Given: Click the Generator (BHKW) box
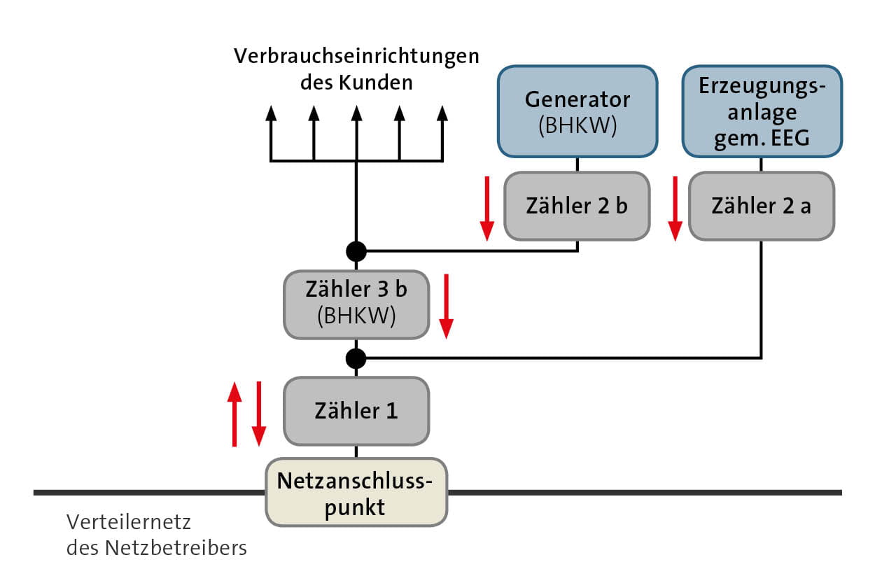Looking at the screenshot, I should pos(577,111).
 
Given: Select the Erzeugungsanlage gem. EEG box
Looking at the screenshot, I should pos(762,111).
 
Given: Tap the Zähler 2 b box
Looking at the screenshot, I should pos(577,206).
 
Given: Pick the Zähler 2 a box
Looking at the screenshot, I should pos(762,206).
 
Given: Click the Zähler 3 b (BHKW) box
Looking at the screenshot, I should pos(356,304).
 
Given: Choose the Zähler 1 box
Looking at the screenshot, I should pos(356,411).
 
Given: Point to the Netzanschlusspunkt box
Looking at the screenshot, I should pos(356,493).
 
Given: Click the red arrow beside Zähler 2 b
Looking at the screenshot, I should pos(486,209).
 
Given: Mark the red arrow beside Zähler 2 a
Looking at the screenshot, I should pos(675,209).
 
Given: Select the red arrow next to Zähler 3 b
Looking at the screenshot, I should pos(446,307).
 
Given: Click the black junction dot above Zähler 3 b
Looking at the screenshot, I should pos(356,250).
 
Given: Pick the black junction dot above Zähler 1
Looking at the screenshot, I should pos(356,358).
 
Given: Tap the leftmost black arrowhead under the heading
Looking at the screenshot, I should pos(271,114).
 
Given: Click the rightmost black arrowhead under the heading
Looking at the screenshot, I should pos(442,114).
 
